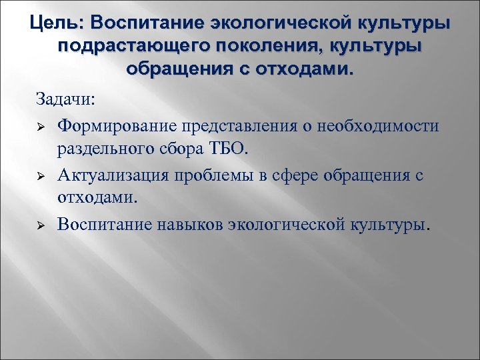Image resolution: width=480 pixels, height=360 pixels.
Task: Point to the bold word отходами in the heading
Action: click(x=301, y=69)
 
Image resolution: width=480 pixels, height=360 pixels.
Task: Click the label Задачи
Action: click(x=66, y=100)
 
